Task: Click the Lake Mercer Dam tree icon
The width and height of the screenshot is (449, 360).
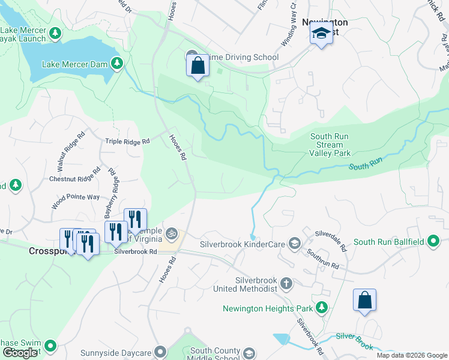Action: pos(118,63)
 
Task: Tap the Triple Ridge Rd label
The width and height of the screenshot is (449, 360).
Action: pos(128,142)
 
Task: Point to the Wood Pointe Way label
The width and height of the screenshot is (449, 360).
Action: pos(75,197)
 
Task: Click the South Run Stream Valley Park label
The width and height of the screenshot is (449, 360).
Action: pos(330,145)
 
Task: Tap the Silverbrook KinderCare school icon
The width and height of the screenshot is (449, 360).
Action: pos(294,243)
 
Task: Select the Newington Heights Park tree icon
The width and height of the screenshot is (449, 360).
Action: pos(322,308)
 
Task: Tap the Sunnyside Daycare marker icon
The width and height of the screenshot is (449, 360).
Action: pos(160,352)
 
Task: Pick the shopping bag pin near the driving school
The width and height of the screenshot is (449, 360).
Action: pos(198,65)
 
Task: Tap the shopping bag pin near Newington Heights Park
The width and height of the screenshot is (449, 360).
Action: pos(364,300)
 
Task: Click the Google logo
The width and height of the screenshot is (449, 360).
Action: pos(20,353)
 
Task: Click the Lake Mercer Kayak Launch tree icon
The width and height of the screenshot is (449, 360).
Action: pos(56,32)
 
